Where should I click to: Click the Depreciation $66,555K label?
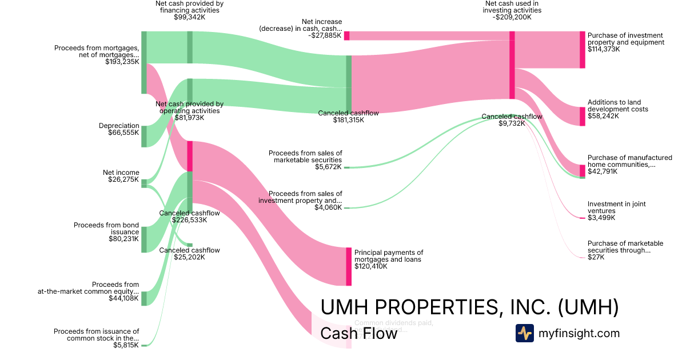click(119, 129)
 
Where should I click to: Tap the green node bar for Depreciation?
click(144, 136)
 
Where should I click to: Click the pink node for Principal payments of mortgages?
click(349, 266)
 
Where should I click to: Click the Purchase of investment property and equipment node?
click(583, 50)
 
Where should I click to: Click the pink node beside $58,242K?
click(583, 116)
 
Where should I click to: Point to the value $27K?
click(596, 257)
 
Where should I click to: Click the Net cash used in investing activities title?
click(512, 6)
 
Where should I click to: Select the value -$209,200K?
click(512, 17)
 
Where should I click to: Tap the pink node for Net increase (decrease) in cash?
click(346, 35)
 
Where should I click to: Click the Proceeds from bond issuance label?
click(106, 229)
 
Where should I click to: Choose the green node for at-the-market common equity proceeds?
click(144, 298)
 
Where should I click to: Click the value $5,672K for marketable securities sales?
click(328, 167)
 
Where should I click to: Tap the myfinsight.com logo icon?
click(524, 333)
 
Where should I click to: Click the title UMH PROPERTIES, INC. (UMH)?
click(469, 307)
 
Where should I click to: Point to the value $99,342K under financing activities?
click(189, 17)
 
